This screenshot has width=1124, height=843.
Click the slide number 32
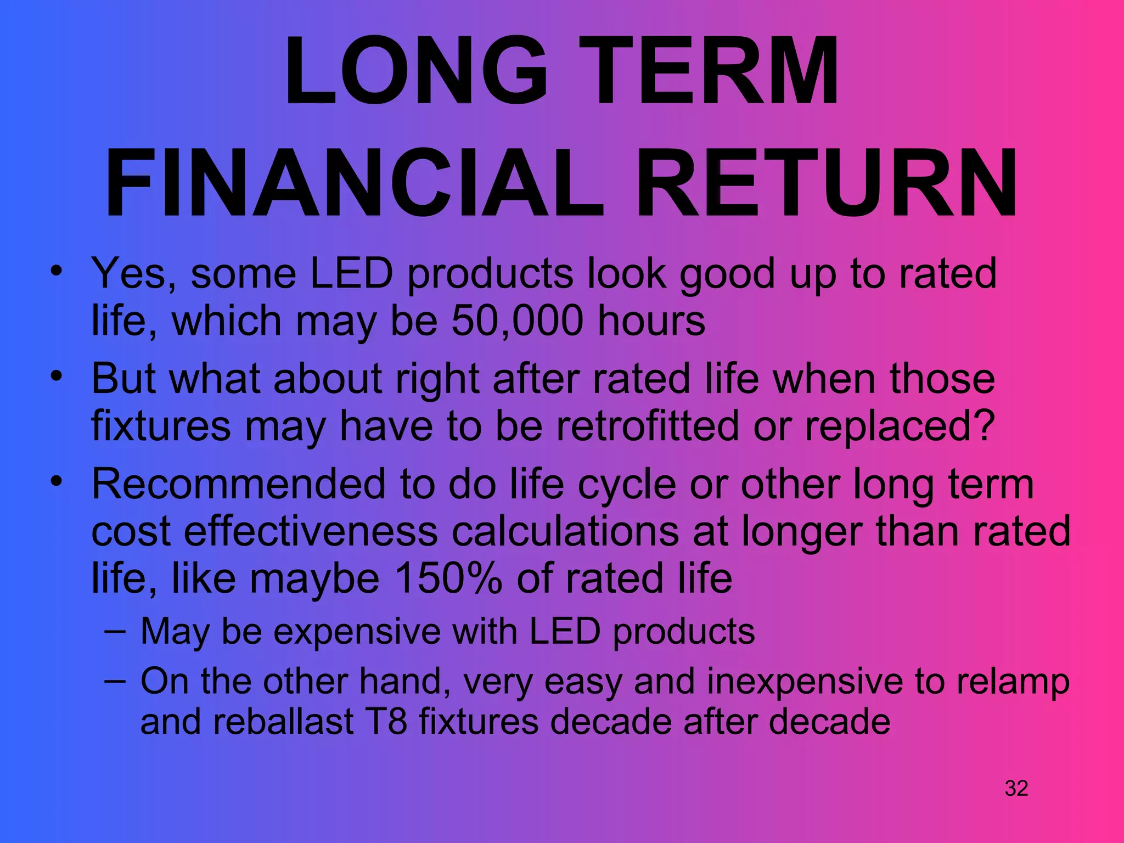pyautogui.click(x=1016, y=788)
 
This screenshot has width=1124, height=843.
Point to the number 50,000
pyautogui.click(x=517, y=321)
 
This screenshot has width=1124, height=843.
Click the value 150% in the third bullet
pyautogui.click(x=448, y=578)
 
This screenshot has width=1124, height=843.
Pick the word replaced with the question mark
pyautogui.click(x=900, y=426)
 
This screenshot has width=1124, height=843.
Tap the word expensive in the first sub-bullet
pyautogui.click(x=357, y=631)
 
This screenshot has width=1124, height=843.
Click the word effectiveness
pyautogui.click(x=311, y=531)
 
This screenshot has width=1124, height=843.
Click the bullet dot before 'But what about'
pyautogui.click(x=55, y=376)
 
